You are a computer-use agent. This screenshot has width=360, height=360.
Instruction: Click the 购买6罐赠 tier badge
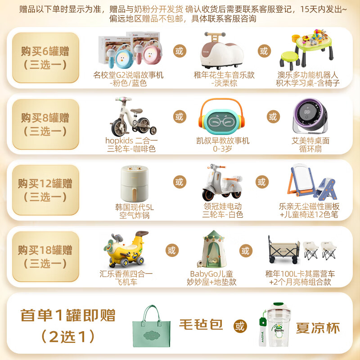[45, 57]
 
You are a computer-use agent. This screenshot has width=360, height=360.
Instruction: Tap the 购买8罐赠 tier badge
[45, 124]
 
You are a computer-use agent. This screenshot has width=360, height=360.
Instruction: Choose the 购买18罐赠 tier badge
[45, 256]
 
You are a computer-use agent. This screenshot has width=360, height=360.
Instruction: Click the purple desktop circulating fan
[310, 117]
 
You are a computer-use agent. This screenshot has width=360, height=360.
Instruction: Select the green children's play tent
[211, 249]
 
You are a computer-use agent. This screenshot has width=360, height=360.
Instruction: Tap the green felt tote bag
[154, 325]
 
